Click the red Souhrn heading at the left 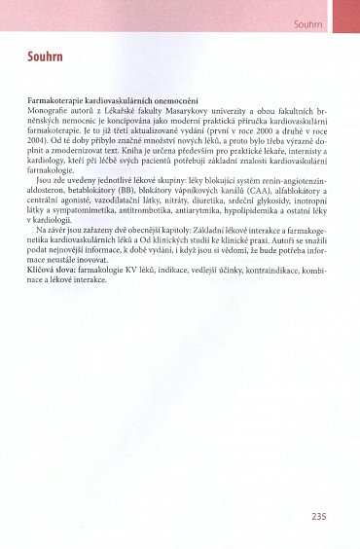pyautogui.click(x=45, y=58)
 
